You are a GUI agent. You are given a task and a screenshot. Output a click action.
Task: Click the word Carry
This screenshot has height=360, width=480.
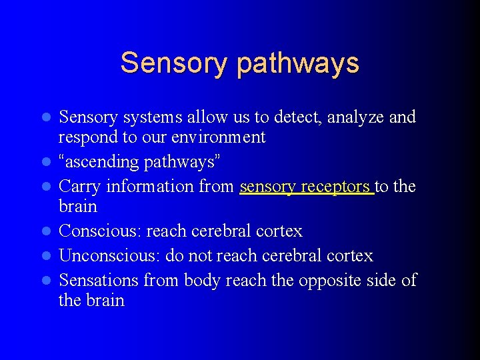(x=80, y=186)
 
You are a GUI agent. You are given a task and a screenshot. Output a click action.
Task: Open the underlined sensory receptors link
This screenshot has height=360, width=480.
(x=306, y=186)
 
